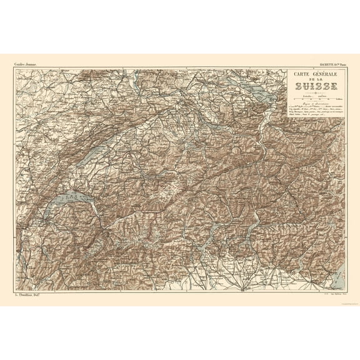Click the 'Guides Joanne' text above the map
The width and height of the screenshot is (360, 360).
(x=23, y=63)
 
